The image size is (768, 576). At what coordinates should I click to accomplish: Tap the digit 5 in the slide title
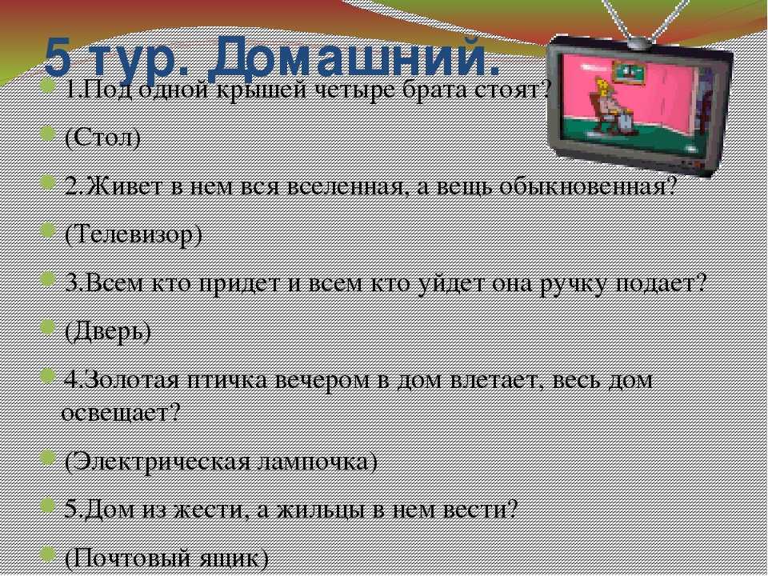pyautogui.click(x=58, y=58)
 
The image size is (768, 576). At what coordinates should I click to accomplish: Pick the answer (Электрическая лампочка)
pyautogui.click(x=221, y=462)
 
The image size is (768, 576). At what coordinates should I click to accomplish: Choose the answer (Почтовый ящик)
pyautogui.click(x=166, y=558)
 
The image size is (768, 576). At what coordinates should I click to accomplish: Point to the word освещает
pyautogui.click(x=121, y=414)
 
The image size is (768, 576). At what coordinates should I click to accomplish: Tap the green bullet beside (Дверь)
pyautogui.click(x=47, y=326)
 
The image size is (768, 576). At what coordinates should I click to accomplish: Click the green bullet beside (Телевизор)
pyautogui.click(x=47, y=230)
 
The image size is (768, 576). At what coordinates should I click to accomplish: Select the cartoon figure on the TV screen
pyautogui.click(x=607, y=106)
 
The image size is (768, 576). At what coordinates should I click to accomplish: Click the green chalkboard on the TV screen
pyautogui.click(x=627, y=74)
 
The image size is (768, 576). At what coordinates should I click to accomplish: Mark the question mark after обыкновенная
pyautogui.click(x=670, y=187)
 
